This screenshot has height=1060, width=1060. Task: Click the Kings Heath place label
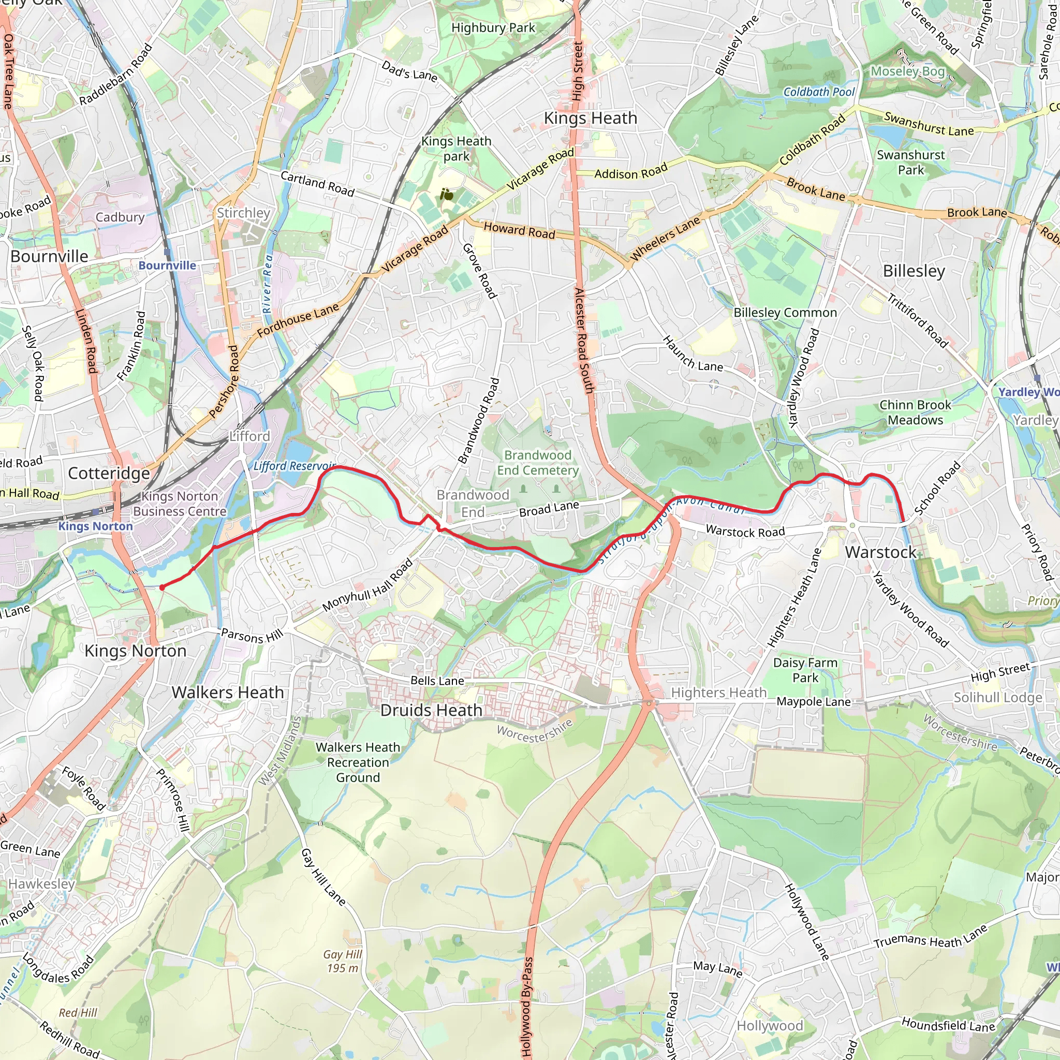point(591,118)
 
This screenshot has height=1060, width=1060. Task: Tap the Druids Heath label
point(431,710)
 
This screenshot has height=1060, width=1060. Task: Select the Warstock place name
point(880,552)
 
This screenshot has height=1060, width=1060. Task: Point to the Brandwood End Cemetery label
point(538,463)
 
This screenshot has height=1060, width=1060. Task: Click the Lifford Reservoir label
point(294,466)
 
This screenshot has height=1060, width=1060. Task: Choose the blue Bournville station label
point(167,266)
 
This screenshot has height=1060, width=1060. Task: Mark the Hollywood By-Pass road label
point(527,1007)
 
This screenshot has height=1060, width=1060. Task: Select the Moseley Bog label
point(907,71)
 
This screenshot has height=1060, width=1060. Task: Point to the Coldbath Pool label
point(819,92)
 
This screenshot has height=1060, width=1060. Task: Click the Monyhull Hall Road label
point(367,585)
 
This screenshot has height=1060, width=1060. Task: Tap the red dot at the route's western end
point(162,587)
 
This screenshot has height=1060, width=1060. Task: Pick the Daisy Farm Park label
point(805,670)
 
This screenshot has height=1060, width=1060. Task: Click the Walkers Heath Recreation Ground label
point(358,762)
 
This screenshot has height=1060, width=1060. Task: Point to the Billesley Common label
point(785,313)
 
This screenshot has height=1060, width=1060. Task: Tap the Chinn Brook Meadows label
point(915,413)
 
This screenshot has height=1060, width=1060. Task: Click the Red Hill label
point(78,1013)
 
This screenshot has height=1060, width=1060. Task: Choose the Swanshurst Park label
point(911,163)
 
